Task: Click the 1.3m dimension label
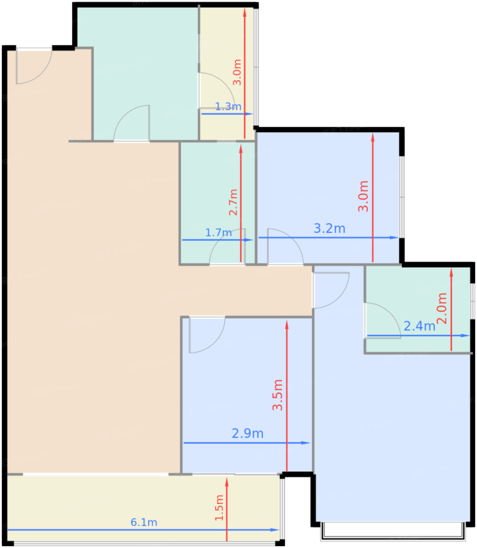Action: (x=228, y=106)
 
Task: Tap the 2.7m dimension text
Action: (x=233, y=202)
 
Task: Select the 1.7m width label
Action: (x=219, y=233)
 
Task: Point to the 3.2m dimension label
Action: (x=329, y=228)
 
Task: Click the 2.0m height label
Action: (x=442, y=308)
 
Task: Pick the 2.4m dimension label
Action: (x=419, y=326)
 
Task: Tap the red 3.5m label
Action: (x=278, y=395)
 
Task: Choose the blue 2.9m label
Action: (x=248, y=433)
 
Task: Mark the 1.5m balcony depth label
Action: (x=219, y=508)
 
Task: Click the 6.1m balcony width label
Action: (x=144, y=522)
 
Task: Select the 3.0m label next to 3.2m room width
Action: (x=363, y=196)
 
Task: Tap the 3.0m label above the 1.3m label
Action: (x=237, y=72)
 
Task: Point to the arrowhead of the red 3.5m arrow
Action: (x=287, y=324)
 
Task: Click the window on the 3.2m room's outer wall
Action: (x=401, y=197)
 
